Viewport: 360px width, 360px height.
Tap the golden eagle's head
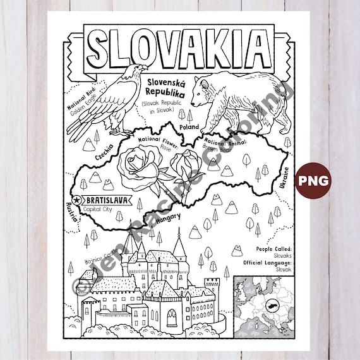tap(119, 71)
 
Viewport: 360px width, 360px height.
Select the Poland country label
tap(189, 126)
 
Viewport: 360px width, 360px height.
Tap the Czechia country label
tap(104, 152)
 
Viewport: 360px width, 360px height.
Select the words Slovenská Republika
tap(169, 87)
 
